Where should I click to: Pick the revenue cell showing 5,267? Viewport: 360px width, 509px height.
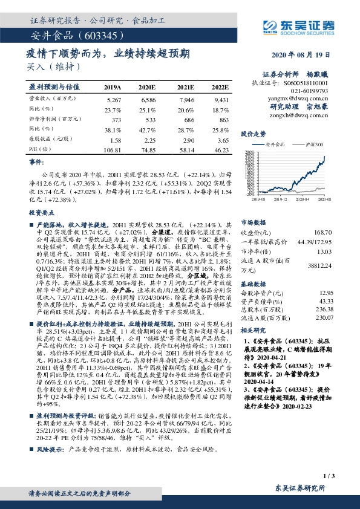[x=114, y=99]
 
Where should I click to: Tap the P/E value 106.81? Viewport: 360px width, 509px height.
[x=114, y=148]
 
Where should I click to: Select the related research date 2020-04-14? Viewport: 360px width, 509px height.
[x=261, y=383]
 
